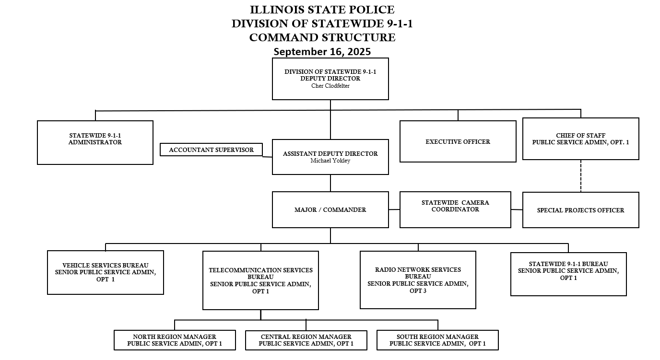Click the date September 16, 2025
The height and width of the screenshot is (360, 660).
(322, 51)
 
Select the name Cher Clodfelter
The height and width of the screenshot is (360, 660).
(330, 86)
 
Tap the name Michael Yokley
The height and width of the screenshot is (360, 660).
(330, 161)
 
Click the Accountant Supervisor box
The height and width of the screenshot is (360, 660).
(211, 150)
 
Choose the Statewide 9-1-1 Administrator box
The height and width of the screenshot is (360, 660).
(95, 142)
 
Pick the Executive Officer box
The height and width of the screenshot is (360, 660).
(458, 141)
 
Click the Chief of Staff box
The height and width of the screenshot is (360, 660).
(580, 139)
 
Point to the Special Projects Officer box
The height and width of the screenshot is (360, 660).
(580, 210)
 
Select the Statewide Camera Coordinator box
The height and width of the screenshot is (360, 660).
(455, 209)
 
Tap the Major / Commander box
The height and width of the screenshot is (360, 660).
(330, 209)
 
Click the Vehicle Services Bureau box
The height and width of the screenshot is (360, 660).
(106, 272)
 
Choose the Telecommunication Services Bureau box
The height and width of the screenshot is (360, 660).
(260, 280)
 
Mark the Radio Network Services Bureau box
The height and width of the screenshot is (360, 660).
(418, 280)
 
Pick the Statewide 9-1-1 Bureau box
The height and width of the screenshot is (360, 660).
(568, 274)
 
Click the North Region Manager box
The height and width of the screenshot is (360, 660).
(175, 340)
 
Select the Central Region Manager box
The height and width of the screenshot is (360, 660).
(306, 340)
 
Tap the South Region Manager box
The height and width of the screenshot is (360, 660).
(437, 340)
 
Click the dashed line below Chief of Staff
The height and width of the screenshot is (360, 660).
(581, 176)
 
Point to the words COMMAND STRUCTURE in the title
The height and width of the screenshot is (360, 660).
(322, 37)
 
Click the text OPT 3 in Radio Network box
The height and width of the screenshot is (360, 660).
(418, 291)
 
